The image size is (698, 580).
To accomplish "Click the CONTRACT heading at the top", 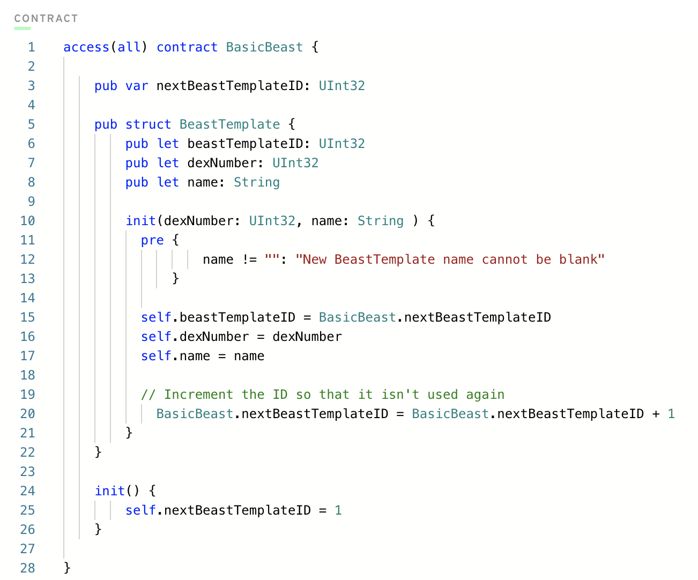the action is pyautogui.click(x=46, y=19).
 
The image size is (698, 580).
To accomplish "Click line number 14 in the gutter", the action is pyautogui.click(x=27, y=298).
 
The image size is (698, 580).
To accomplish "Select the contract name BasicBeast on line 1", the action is pyautogui.click(x=264, y=47).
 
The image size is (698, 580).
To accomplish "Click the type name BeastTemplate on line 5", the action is pyautogui.click(x=229, y=124).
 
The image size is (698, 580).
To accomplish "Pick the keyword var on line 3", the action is pyautogui.click(x=137, y=86).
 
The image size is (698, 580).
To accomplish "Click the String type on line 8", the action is pyautogui.click(x=256, y=182).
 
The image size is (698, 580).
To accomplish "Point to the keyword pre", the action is pyautogui.click(x=152, y=240).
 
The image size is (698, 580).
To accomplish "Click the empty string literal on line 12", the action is pyautogui.click(x=272, y=259).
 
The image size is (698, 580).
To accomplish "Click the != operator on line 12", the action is pyautogui.click(x=249, y=259).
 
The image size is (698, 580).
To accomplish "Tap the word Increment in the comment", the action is pyautogui.click(x=198, y=395).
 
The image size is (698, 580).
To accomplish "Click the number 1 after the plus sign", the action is pyautogui.click(x=671, y=414).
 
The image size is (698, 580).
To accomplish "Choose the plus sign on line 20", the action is pyautogui.click(x=656, y=414).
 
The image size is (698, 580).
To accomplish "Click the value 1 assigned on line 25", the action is pyautogui.click(x=338, y=510).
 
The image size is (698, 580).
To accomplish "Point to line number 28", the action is pyautogui.click(x=27, y=568).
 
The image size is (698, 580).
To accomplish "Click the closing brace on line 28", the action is pyautogui.click(x=67, y=568).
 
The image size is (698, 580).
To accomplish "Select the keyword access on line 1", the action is pyautogui.click(x=86, y=47).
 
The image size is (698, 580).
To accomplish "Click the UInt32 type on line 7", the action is pyautogui.click(x=295, y=163).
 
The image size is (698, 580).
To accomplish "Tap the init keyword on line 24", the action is pyautogui.click(x=109, y=491).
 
